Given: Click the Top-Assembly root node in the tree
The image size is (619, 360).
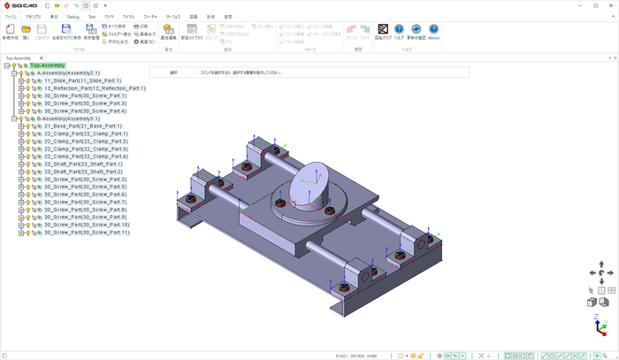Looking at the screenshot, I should pyautogui.click(x=48, y=65).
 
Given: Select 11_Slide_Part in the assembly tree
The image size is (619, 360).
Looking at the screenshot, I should pyautogui.click(x=88, y=80).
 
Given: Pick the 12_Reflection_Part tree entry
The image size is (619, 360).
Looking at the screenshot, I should pyautogui.click(x=94, y=88).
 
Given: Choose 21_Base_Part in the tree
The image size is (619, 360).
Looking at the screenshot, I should pyautogui.click(x=83, y=126).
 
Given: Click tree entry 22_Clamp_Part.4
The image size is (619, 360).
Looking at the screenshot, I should pyautogui.click(x=86, y=156).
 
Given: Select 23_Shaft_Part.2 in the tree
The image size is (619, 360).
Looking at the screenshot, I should pyautogui.click(x=83, y=172).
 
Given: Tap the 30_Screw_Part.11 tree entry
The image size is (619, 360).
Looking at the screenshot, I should pyautogui.click(x=87, y=232).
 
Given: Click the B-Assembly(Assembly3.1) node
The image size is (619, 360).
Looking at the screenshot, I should pyautogui.click(x=68, y=119).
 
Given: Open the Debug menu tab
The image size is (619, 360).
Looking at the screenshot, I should pyautogui.click(x=73, y=17).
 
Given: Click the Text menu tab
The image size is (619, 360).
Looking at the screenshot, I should pyautogui.click(x=92, y=17).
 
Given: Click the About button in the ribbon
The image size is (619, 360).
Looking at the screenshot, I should pyautogui.click(x=433, y=32).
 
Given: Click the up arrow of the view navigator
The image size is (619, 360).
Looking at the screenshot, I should pyautogui.click(x=601, y=264).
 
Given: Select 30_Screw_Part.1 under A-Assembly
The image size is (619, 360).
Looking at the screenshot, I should pyautogui.click(x=85, y=96).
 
